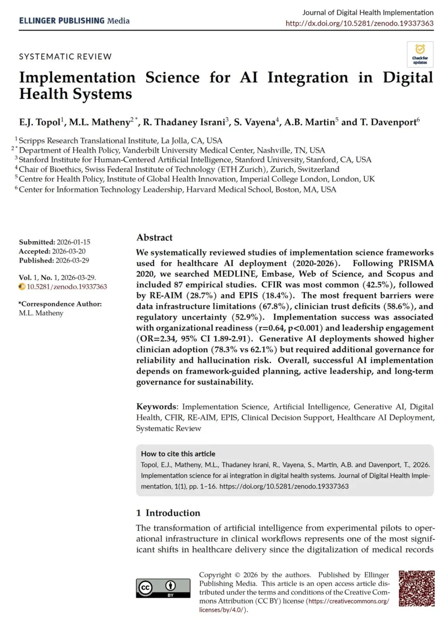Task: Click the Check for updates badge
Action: pyautogui.click(x=419, y=54)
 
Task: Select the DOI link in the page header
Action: pyautogui.click(x=359, y=23)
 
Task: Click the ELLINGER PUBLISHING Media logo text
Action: pyautogui.click(x=74, y=20)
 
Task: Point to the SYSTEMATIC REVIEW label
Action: pyautogui.click(x=65, y=56)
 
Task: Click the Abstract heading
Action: pyautogui.click(x=154, y=237)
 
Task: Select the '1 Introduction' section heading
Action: pyautogui.click(x=168, y=513)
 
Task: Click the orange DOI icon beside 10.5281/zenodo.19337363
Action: pyautogui.click(x=22, y=286)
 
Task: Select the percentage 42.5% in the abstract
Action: pyautogui.click(x=328, y=285)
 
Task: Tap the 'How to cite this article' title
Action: pyautogui.click(x=178, y=454)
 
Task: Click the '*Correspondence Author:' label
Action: pyautogui.click(x=60, y=304)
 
